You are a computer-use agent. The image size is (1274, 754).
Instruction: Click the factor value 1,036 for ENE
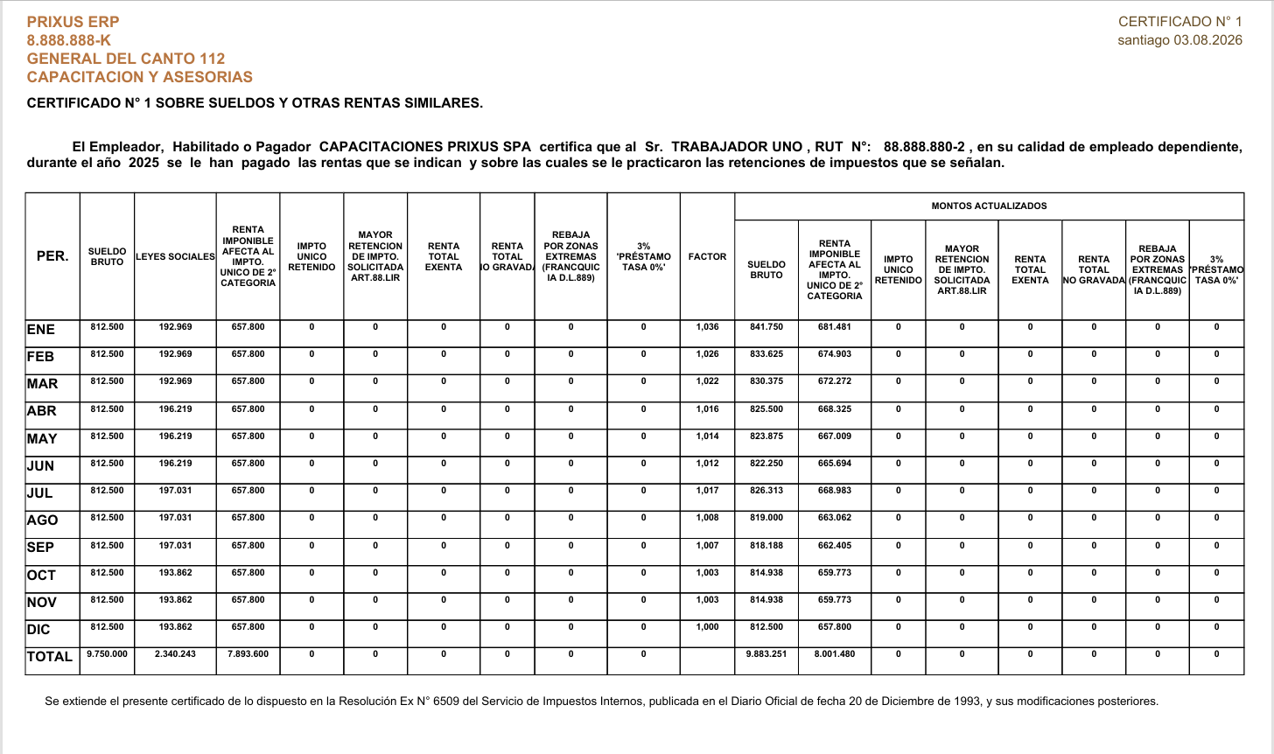(x=707, y=327)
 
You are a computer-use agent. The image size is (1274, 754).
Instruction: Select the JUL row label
(x=40, y=492)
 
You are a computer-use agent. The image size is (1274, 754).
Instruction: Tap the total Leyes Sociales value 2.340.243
(x=175, y=654)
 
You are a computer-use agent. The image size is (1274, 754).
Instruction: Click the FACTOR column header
(x=707, y=257)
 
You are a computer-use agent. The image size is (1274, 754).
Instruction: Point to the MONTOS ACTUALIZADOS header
(x=989, y=206)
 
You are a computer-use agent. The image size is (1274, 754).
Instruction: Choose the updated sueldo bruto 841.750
(x=766, y=327)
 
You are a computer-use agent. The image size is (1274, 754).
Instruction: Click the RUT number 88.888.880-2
(x=924, y=147)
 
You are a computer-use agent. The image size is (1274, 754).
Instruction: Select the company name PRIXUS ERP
(x=73, y=22)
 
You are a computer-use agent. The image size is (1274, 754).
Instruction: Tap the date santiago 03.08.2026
(x=1179, y=40)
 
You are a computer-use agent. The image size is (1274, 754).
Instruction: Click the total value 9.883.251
(x=766, y=654)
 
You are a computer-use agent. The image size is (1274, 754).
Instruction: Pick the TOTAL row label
(x=50, y=657)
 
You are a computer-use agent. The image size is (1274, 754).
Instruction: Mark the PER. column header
(x=52, y=257)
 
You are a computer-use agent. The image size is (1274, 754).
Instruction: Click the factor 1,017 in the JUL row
(x=707, y=491)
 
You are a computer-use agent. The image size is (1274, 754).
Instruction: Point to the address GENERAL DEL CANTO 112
(x=126, y=59)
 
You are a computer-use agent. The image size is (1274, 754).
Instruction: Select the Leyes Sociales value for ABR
(x=175, y=409)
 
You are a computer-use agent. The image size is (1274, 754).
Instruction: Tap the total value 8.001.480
(x=835, y=654)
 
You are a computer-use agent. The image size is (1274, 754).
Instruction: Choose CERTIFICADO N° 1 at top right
(x=1179, y=22)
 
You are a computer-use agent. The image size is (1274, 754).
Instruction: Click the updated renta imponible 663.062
(x=835, y=518)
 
